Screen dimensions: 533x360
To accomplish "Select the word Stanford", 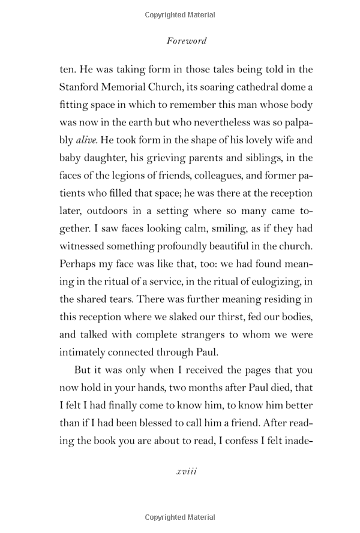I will (84, 88).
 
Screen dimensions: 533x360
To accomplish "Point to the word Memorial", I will (137, 88).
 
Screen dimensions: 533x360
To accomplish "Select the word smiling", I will (224, 228).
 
